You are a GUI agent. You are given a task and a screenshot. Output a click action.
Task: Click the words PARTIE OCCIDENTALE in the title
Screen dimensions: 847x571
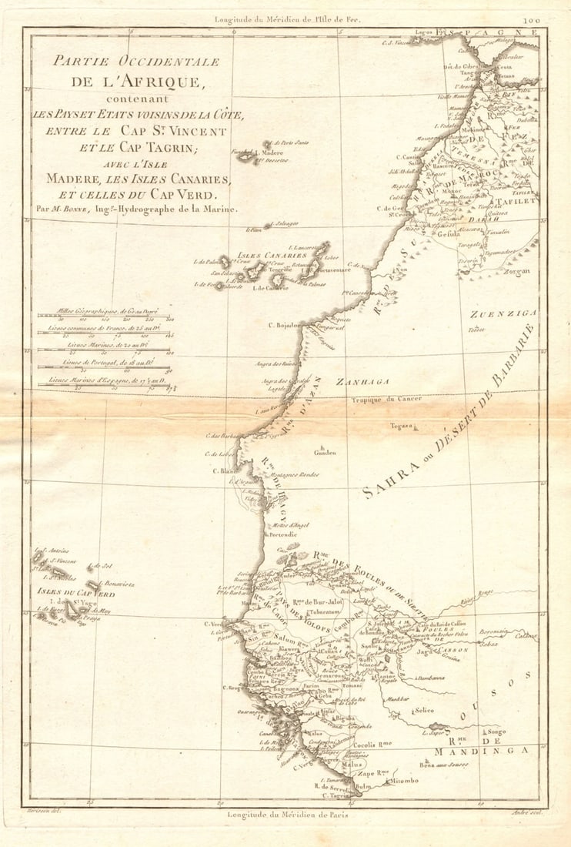click(x=126, y=62)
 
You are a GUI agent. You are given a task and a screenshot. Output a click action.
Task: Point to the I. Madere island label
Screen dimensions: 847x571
click(x=269, y=153)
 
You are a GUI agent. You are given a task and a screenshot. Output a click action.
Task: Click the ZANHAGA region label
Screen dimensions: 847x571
click(x=362, y=382)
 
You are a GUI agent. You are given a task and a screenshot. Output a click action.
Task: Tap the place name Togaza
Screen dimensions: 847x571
click(x=401, y=426)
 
